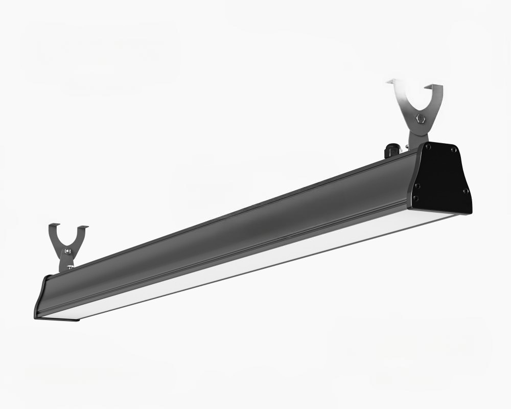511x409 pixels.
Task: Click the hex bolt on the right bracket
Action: [421, 119]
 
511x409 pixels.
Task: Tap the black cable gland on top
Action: [391, 150]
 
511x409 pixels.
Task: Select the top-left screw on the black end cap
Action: [429, 146]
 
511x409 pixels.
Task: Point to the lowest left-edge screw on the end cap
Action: [415, 198]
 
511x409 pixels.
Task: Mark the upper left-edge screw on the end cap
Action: [417, 186]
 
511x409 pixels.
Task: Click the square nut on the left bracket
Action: [67, 251]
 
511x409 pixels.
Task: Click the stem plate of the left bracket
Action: [66, 261]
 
